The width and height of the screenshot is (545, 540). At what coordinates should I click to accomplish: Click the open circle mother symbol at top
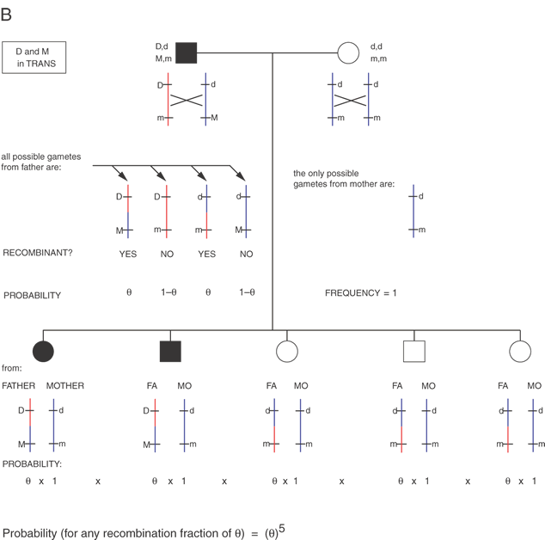pos(347,53)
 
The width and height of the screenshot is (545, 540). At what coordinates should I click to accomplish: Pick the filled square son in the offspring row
pos(169,351)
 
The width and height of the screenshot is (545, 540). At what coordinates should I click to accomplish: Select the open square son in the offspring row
pos(414,351)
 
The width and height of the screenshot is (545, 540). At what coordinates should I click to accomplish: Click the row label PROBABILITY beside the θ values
pos(32,295)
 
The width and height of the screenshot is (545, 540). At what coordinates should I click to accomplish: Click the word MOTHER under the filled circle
pos(65,385)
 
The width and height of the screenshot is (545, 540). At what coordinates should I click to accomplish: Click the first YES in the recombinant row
pos(129,255)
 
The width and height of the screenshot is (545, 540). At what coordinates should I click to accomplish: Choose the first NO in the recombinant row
pos(168,255)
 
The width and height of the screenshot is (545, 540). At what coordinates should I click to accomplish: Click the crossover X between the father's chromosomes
pos(187,100)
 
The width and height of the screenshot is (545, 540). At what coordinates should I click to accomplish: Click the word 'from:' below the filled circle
pos(13,368)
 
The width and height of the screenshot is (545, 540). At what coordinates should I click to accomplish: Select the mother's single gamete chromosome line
pos(413,211)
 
